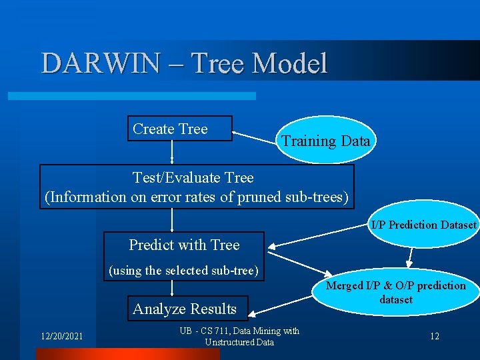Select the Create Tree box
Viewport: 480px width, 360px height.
click(179, 129)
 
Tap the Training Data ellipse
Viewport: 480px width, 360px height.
click(325, 141)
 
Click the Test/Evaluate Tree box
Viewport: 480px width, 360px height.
click(197, 187)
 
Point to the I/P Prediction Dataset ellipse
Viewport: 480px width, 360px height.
click(424, 225)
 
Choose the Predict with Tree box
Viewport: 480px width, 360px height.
click(184, 245)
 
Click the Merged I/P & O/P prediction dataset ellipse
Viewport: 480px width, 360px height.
click(396, 293)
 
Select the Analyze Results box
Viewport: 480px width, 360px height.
click(185, 309)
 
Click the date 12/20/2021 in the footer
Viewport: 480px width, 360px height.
click(61, 336)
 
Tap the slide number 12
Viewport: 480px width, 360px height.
click(434, 336)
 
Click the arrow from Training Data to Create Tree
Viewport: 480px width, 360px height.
click(253, 136)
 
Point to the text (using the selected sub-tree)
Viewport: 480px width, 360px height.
click(183, 271)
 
